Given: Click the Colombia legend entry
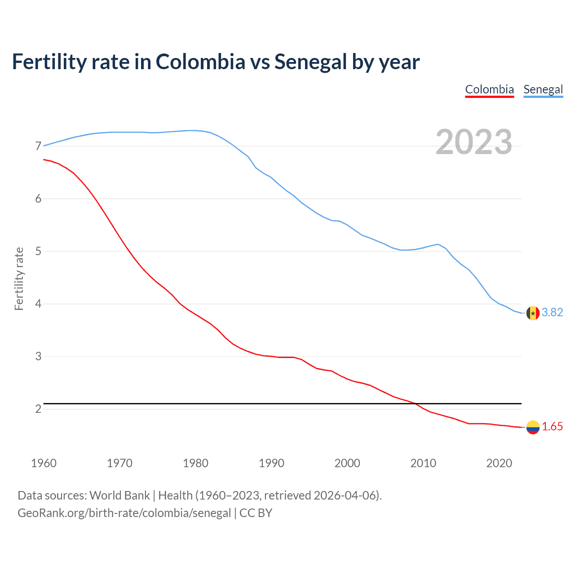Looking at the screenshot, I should pyautogui.click(x=489, y=89).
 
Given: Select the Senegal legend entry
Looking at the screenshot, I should pyautogui.click(x=543, y=89).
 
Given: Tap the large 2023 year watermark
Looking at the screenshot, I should pyautogui.click(x=473, y=142).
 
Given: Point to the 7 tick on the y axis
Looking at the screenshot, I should pyautogui.click(x=38, y=146).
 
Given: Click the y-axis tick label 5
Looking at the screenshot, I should pyautogui.click(x=38, y=251).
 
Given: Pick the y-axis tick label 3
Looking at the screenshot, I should pyautogui.click(x=38, y=356).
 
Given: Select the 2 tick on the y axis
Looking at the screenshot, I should pyautogui.click(x=38, y=409).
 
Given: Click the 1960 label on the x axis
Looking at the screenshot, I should pyautogui.click(x=44, y=463).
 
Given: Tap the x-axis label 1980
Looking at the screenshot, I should pyautogui.click(x=195, y=463).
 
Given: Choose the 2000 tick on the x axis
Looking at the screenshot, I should pyautogui.click(x=347, y=463).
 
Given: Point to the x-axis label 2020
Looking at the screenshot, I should pyautogui.click(x=499, y=463).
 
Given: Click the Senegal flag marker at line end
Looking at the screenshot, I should pyautogui.click(x=533, y=313).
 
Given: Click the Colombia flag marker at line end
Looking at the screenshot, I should pyautogui.click(x=533, y=427).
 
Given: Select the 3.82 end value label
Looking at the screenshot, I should pyautogui.click(x=552, y=312).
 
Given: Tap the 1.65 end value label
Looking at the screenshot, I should pyautogui.click(x=552, y=427).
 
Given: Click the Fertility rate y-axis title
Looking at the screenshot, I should pyautogui.click(x=19, y=279).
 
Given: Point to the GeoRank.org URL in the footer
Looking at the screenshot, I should pyautogui.click(x=124, y=513).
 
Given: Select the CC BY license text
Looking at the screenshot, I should pyautogui.click(x=256, y=513).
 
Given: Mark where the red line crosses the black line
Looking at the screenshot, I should pyautogui.click(x=415, y=404).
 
